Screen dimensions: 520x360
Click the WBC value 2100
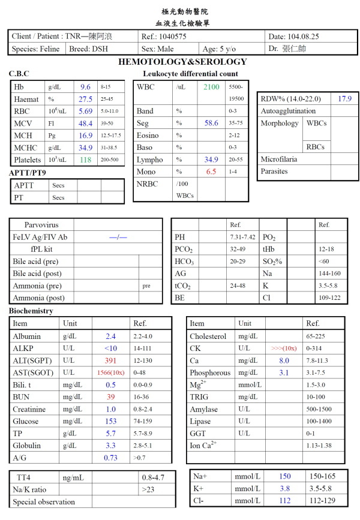[211, 88]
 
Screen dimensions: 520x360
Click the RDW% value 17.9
[344, 98]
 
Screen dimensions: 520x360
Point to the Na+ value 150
[285, 476]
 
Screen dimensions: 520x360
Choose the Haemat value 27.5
[86, 99]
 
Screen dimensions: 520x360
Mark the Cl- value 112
[285, 501]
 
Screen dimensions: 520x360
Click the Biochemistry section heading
[31, 311]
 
